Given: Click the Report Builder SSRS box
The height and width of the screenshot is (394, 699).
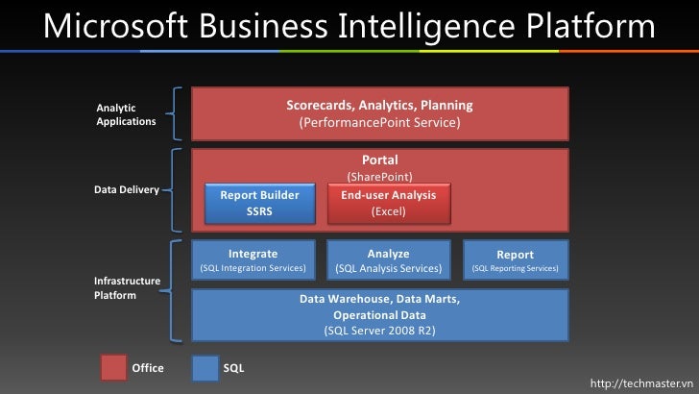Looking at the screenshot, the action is tap(259, 203).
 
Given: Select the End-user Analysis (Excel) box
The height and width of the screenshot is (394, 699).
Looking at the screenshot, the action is tap(388, 203).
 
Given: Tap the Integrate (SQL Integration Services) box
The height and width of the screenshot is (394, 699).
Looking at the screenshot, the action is tap(253, 260).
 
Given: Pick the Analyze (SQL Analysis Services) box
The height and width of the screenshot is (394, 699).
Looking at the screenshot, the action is tap(388, 260).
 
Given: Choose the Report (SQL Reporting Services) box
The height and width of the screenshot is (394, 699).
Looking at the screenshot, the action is tap(515, 260).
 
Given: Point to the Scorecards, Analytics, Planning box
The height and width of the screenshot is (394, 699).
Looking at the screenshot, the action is tap(379, 113).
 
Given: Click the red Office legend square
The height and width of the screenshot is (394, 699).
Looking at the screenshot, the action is tap(113, 368).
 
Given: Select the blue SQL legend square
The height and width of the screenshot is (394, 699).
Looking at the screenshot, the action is tap(205, 368).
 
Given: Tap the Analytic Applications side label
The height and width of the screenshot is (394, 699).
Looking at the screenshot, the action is tap(126, 114).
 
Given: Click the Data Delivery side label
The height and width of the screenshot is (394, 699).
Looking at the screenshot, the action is tap(126, 189).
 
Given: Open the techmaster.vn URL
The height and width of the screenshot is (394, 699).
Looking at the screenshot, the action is tap(640, 383).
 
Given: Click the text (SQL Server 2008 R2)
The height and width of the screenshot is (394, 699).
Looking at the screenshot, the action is tap(379, 331).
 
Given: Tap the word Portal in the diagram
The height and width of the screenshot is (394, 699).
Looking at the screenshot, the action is tap(379, 160).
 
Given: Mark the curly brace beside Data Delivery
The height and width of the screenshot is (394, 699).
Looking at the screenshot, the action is tap(177, 189).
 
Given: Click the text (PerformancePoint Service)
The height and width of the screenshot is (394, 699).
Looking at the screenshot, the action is tap(379, 124).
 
